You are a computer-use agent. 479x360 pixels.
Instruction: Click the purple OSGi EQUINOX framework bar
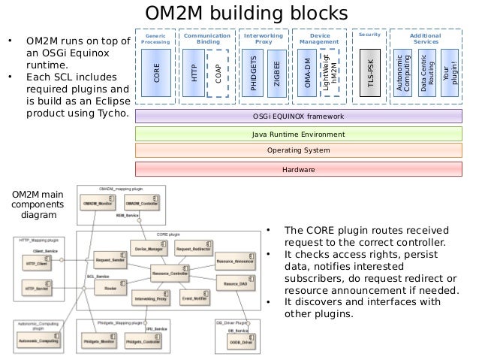(298, 116)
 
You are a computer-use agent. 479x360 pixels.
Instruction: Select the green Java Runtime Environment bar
(298, 134)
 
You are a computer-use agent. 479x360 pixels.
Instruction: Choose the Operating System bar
(298, 151)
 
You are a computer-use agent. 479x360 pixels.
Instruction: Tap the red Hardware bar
(298, 169)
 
